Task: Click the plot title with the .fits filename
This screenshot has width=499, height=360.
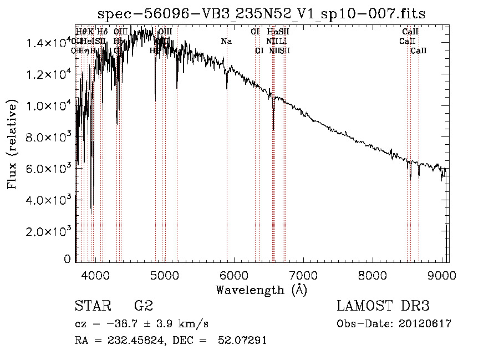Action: (x=262, y=14)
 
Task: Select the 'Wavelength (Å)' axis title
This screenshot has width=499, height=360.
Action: (x=261, y=290)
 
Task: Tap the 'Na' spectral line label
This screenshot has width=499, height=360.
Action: (x=226, y=41)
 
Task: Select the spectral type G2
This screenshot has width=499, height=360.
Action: (x=143, y=306)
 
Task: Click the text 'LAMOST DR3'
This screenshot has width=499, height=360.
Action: (x=383, y=306)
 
